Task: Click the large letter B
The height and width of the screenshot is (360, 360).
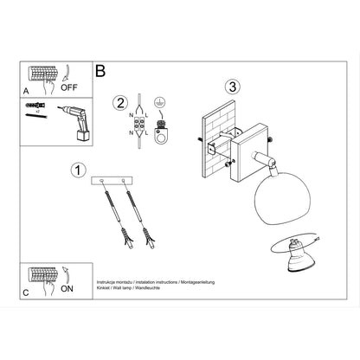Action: tap(100, 72)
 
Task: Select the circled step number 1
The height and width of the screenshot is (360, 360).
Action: tap(78, 170)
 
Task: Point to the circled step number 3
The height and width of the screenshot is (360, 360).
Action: tap(231, 87)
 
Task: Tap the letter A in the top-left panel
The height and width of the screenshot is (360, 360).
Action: tap(24, 89)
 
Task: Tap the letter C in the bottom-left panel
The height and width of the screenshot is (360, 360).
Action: tap(24, 292)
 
